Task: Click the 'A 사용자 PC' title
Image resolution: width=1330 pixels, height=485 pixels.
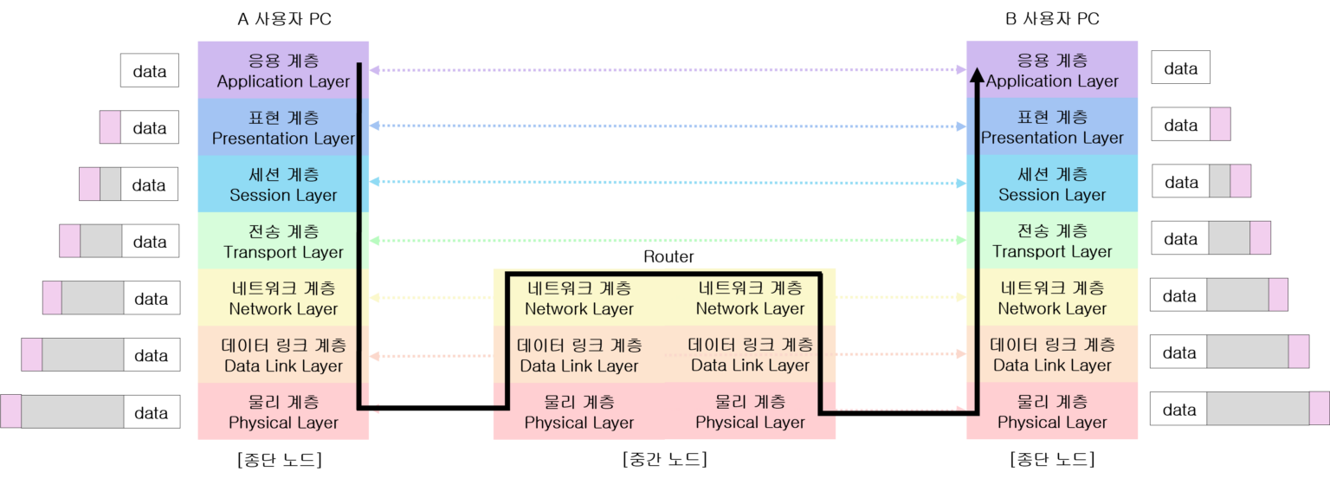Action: [x=283, y=19]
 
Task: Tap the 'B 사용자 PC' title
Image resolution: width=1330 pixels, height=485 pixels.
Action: [x=1052, y=19]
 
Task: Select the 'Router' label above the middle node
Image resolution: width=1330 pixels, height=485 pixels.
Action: [x=668, y=257]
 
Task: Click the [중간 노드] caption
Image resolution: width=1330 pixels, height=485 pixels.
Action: [x=664, y=459]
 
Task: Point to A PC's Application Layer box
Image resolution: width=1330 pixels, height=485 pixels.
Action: [x=283, y=70]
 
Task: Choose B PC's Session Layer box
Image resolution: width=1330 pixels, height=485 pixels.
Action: [x=1052, y=184]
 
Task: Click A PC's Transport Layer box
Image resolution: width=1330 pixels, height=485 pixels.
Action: [x=283, y=241]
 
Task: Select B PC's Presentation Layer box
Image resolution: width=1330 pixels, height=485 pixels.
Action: [x=1052, y=126]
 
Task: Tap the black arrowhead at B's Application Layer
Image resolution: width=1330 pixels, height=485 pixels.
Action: [x=976, y=76]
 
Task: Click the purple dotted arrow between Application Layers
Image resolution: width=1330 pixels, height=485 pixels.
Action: [x=667, y=69]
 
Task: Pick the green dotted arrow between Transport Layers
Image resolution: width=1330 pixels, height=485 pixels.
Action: [x=667, y=240]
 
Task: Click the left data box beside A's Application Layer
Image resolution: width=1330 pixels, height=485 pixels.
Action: [x=150, y=71]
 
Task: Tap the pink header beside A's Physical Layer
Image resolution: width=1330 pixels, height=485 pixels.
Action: [x=10, y=411]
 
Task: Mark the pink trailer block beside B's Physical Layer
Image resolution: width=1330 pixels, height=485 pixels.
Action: [x=1319, y=408]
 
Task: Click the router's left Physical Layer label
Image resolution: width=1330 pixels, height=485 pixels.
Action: [x=579, y=412]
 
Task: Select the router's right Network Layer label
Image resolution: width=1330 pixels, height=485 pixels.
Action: [x=750, y=298]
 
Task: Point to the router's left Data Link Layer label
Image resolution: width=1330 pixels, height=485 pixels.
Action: [x=579, y=355]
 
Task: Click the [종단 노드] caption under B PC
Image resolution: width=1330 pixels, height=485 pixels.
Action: [x=1052, y=459]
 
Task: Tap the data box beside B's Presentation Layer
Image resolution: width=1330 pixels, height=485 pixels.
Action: [x=1180, y=125]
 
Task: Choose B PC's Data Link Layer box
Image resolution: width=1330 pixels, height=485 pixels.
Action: [x=1052, y=354]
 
